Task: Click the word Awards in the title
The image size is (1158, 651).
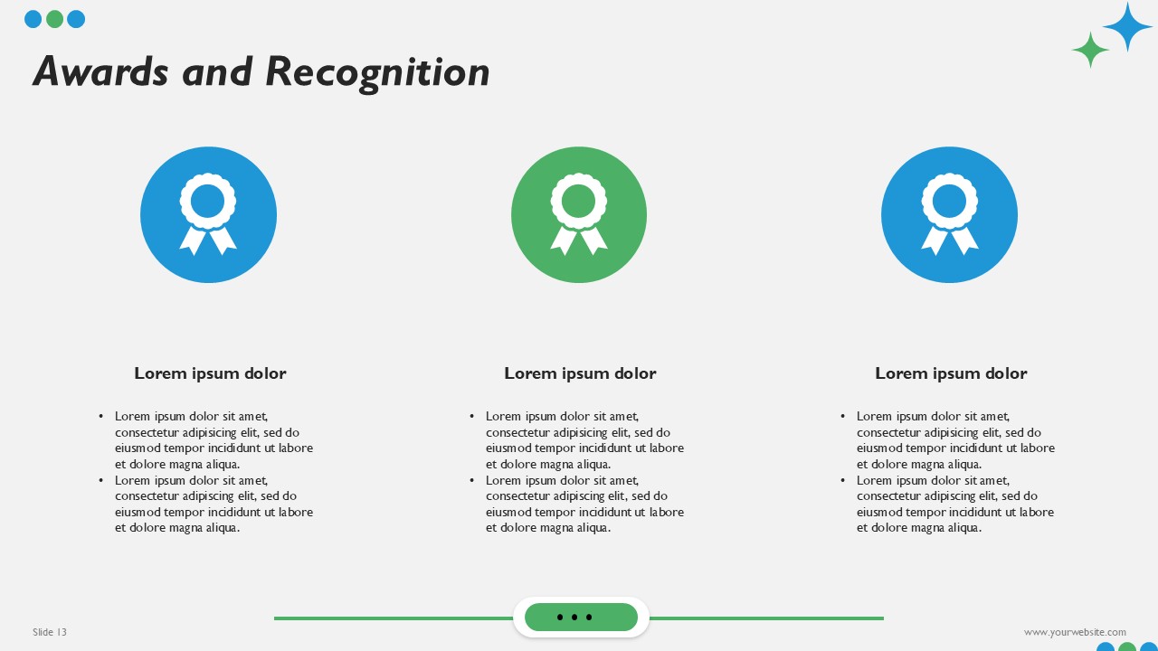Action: point(100,72)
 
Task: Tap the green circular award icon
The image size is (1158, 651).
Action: point(579,215)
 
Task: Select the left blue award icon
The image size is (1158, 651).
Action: point(208,215)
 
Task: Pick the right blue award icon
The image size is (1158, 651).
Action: point(949,215)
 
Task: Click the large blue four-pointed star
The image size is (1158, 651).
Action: point(1127,27)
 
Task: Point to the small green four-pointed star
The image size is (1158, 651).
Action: point(1090,50)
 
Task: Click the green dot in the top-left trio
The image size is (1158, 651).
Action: point(54,19)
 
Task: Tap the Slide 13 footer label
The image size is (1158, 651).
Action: point(50,632)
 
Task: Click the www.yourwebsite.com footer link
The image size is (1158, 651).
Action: point(1075,632)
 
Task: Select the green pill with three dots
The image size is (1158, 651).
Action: point(581,618)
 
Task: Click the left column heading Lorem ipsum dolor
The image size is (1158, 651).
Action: point(210,373)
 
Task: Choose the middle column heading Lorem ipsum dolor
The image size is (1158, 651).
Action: point(580,373)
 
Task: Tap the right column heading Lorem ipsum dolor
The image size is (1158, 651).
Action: point(951,373)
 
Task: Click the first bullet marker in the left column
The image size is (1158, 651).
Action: point(101,417)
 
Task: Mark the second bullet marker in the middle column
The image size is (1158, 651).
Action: point(472,481)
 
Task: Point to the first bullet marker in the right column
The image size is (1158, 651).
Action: point(843,417)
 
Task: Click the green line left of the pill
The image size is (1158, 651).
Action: point(394,618)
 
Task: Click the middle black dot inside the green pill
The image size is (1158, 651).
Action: point(574,618)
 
